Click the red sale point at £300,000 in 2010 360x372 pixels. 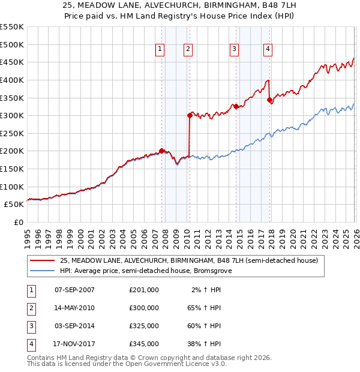tap(190, 115)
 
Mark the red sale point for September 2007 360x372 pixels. tap(161, 151)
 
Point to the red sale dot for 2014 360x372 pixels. tap(236, 107)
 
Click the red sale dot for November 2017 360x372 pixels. tap(270, 100)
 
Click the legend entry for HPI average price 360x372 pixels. tap(144, 271)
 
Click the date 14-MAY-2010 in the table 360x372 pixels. tap(74, 308)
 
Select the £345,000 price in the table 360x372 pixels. tap(144, 344)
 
